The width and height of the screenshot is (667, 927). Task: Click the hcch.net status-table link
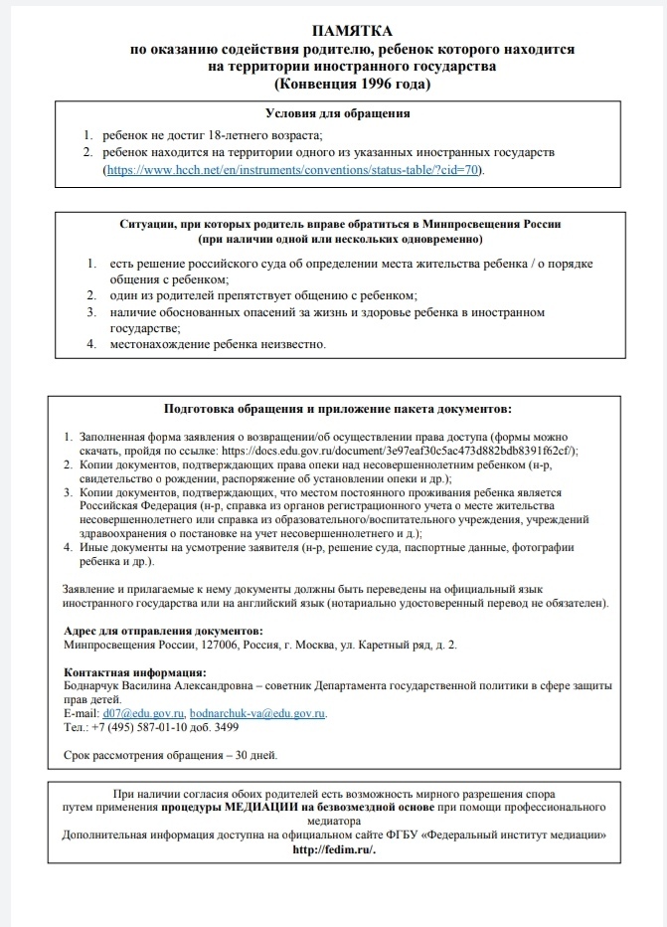click(x=293, y=171)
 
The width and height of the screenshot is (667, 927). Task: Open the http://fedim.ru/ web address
click(x=336, y=850)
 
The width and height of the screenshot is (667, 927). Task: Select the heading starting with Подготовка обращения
click(x=338, y=408)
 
